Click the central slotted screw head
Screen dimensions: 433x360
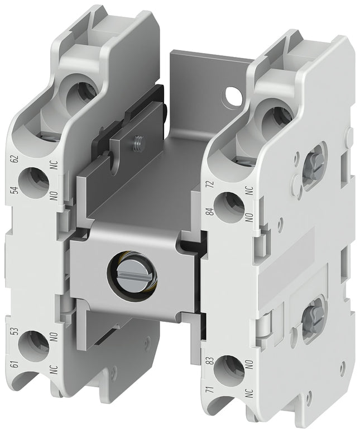133,275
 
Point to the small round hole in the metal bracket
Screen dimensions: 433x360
232,98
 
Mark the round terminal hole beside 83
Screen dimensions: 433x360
229,369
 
